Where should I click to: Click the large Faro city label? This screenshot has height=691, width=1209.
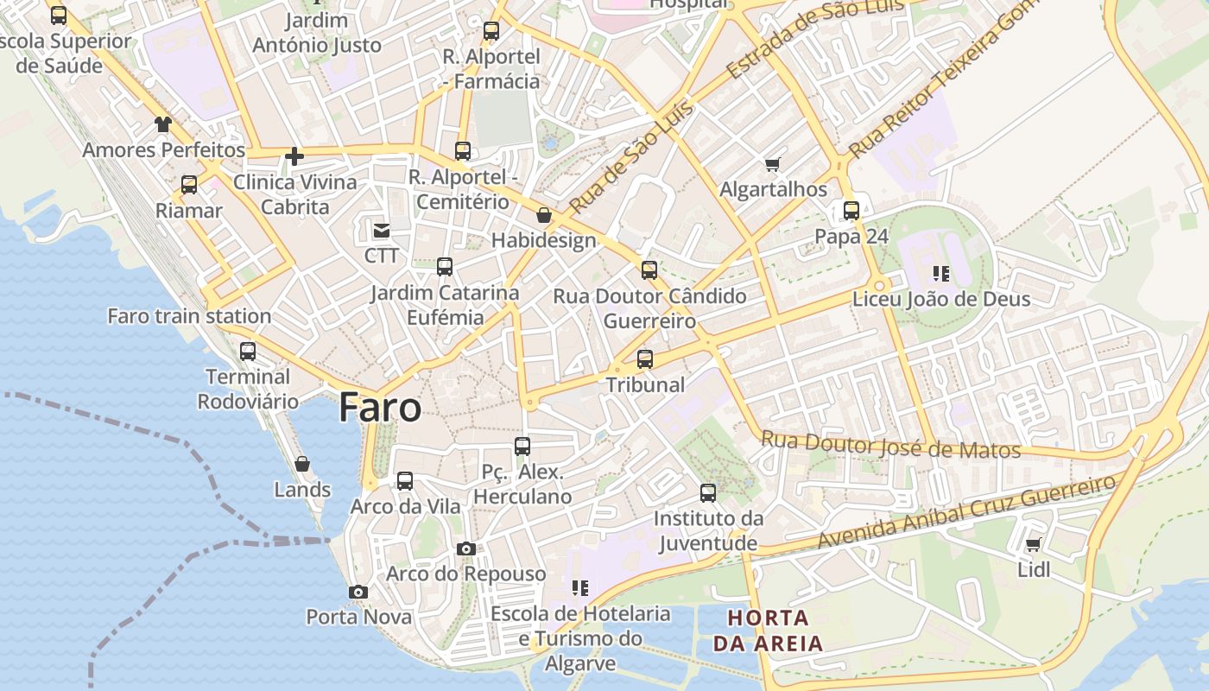[x=380, y=407]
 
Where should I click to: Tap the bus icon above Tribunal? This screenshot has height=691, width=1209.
[x=645, y=359]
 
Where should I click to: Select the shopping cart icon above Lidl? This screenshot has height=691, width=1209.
[x=1033, y=545]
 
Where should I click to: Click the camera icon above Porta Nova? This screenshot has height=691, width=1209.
[x=358, y=593]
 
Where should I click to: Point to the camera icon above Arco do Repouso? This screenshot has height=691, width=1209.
[x=466, y=549]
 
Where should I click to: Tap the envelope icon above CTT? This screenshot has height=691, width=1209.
[x=381, y=231]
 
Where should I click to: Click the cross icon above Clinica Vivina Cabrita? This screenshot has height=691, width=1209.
[x=294, y=156]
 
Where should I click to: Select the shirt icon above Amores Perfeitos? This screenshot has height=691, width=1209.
[x=163, y=124]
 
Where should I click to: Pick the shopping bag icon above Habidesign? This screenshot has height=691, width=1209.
[x=544, y=215]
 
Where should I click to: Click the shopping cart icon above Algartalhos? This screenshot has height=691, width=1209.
[x=773, y=164]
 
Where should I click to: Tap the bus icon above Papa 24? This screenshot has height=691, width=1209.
[x=851, y=210]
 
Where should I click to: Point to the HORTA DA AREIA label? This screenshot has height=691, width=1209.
[x=768, y=631]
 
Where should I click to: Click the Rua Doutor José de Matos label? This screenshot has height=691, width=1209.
[x=890, y=446]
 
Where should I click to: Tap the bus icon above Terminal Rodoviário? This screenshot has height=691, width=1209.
[x=248, y=352]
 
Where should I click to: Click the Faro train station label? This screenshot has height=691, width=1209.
[x=189, y=316]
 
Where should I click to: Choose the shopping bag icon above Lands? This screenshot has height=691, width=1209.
[x=302, y=465]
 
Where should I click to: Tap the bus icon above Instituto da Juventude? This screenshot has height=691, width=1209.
[x=708, y=493]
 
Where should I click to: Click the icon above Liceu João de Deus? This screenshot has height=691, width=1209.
[x=941, y=274]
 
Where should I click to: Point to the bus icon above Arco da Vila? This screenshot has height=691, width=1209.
[x=405, y=481]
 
